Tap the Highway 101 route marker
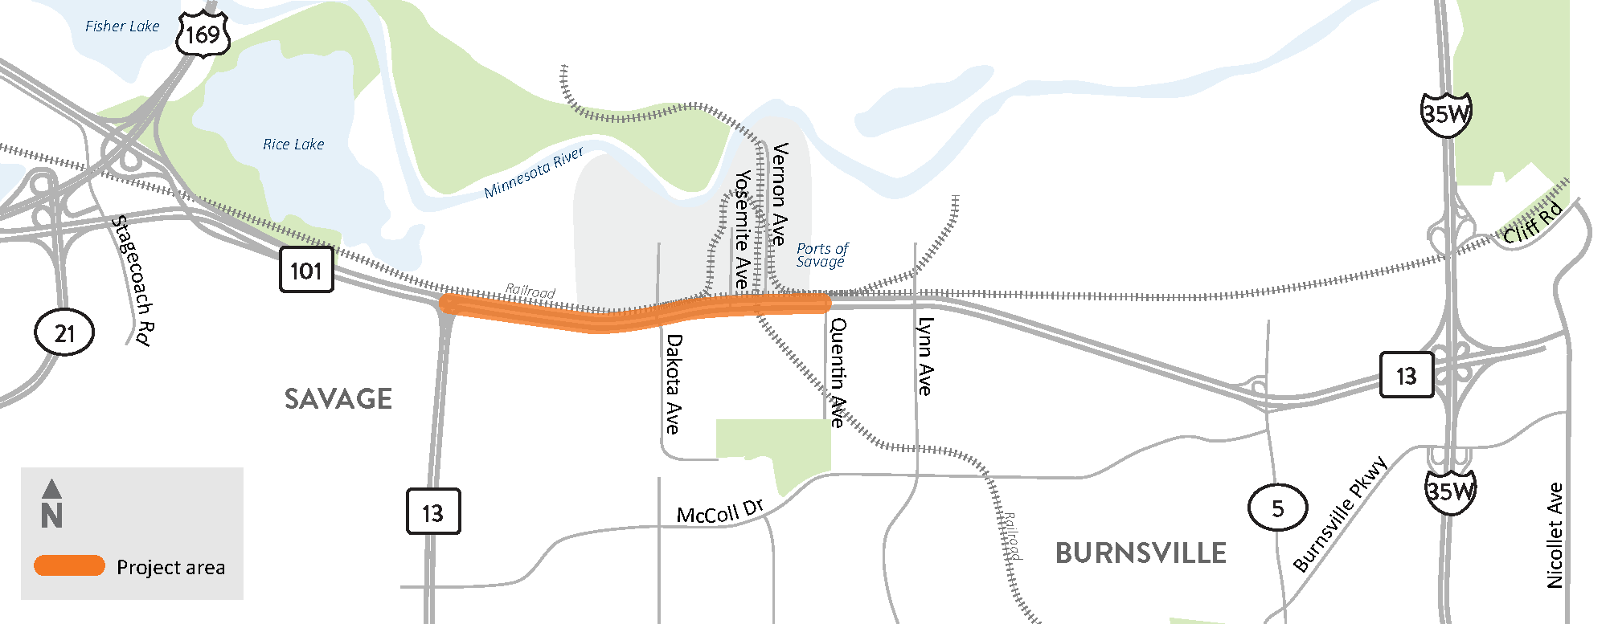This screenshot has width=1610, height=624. tap(306, 271)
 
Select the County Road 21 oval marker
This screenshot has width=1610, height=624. tap(64, 332)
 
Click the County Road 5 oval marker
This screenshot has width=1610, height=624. tap(1277, 508)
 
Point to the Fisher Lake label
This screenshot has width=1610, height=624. tap(122, 27)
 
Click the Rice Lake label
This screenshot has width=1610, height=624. tap(293, 145)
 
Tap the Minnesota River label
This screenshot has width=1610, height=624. tap(534, 172)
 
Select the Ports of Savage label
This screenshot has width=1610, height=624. tap(821, 255)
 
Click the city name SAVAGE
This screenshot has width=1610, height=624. tap(338, 399)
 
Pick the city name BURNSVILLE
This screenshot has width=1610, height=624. tap(1141, 553)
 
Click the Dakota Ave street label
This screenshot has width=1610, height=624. tap(674, 384)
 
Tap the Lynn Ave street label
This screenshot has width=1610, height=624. tap(925, 357)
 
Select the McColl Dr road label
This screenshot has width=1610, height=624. tap(719, 512)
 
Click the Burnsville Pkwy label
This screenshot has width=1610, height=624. tap(1340, 513)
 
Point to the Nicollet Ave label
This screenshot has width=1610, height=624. tap(1555, 535)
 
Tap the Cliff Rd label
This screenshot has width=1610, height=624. tap(1533, 222)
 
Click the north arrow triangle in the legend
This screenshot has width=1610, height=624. tap(51, 488)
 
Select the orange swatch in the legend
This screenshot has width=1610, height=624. tap(69, 566)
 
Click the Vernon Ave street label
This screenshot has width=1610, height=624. tap(779, 194)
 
